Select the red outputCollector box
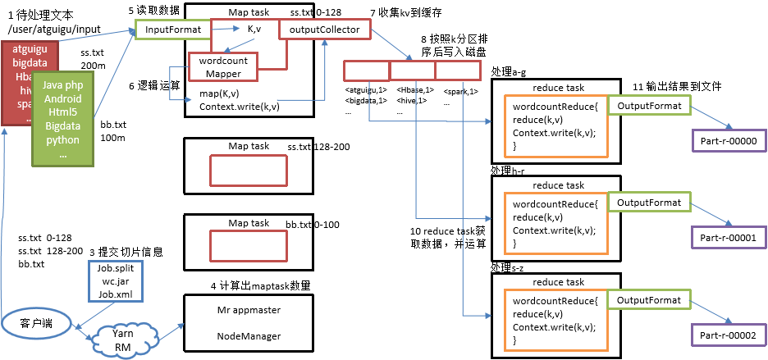click(x=324, y=30)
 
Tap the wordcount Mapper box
click(x=223, y=67)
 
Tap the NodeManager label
click(x=249, y=336)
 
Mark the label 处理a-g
click(x=509, y=73)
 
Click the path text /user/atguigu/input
click(x=53, y=30)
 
